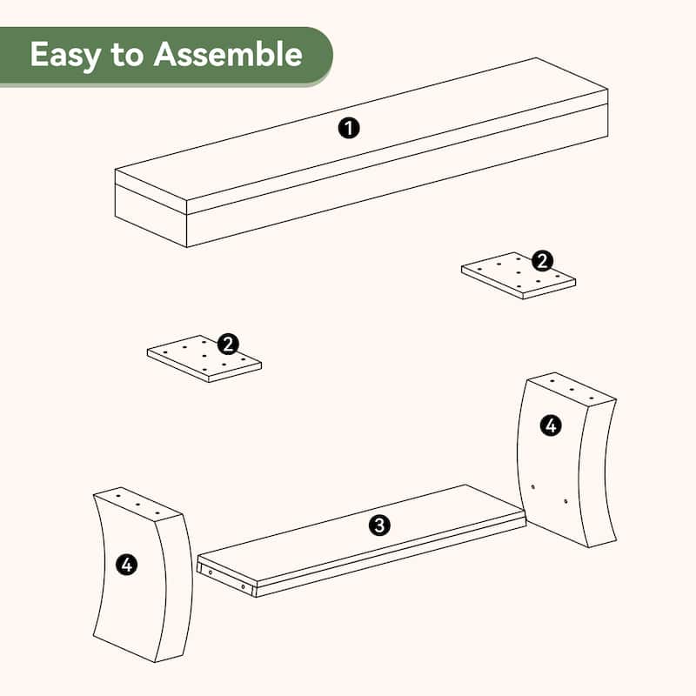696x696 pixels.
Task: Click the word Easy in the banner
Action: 65,55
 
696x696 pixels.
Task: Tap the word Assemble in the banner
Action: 228,54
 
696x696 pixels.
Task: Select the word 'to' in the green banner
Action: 127,56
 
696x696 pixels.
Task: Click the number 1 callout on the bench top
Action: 349,128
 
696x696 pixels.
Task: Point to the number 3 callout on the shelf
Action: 379,525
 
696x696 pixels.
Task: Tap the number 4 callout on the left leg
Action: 127,565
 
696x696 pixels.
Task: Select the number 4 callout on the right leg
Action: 551,425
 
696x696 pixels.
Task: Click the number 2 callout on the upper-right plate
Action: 542,260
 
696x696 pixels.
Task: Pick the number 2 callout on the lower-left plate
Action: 228,344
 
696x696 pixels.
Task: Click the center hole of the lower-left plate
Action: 204,356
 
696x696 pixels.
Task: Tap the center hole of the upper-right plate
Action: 518,272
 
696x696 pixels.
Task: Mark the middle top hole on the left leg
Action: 137,505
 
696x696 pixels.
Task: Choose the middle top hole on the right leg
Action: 572,390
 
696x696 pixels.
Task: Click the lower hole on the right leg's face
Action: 565,501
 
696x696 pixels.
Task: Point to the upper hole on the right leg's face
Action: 533,487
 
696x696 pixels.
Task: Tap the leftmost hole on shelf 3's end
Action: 211,573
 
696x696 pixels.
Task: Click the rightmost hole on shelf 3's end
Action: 244,586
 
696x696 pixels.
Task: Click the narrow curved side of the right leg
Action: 598,472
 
